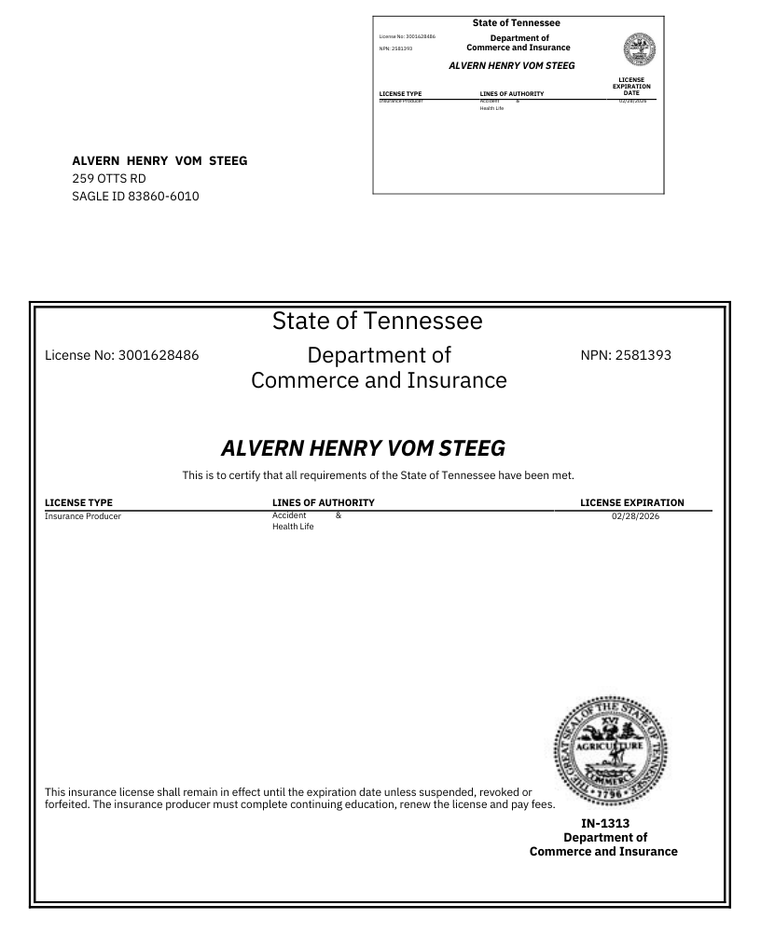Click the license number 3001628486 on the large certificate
click(159, 355)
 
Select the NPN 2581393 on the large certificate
click(642, 355)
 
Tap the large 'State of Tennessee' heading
click(378, 322)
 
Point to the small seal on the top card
click(638, 48)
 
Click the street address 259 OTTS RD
click(109, 178)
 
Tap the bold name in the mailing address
click(159, 160)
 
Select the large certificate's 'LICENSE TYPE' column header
click(78, 503)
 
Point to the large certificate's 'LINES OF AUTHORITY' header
click(323, 503)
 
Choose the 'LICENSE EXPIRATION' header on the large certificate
click(631, 503)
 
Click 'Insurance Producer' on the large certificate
click(83, 515)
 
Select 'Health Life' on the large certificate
click(293, 527)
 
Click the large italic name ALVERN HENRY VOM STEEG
click(363, 448)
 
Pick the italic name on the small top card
click(511, 66)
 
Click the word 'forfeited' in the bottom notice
click(66, 805)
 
